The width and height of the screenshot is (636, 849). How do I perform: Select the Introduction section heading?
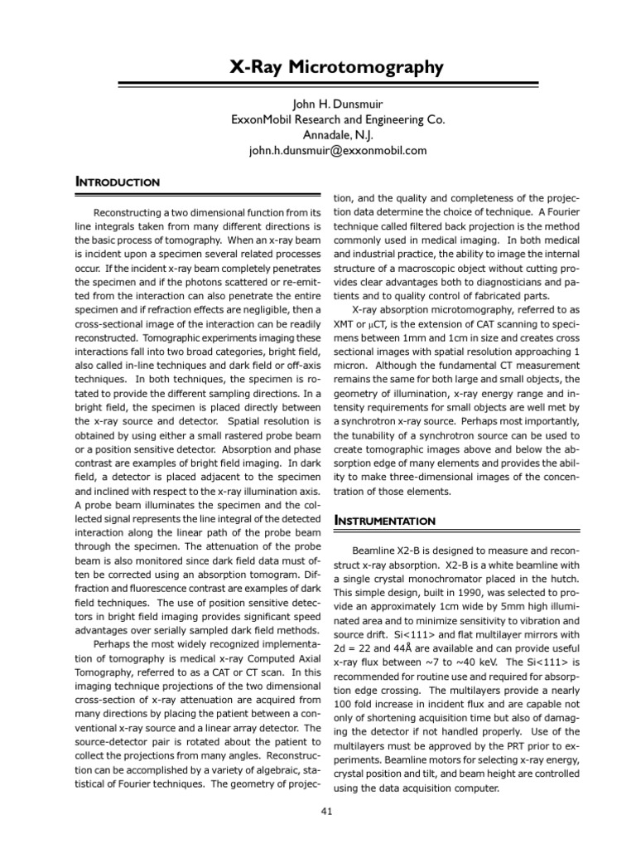click(x=118, y=182)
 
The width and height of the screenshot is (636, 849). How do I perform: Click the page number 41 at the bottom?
click(x=326, y=811)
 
